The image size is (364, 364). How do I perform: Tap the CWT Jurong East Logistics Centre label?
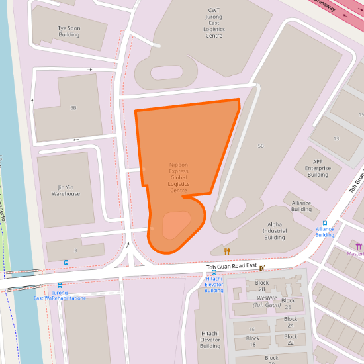click(214, 23)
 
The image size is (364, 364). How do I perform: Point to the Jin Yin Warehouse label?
click(66, 190)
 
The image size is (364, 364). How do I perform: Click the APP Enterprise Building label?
click(318, 168)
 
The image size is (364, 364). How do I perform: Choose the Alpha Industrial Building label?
click(275, 231)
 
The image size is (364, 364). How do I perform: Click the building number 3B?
click(73, 107)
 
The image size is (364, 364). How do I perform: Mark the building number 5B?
click(261, 146)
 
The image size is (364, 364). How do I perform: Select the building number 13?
click(336, 138)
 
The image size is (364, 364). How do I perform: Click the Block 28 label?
click(262, 286)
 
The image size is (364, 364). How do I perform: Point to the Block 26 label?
click(288, 304)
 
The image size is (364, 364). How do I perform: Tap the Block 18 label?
click(252, 341)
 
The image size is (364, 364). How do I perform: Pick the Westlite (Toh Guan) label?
click(267, 301)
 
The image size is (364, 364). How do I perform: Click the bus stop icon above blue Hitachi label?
click(213, 273)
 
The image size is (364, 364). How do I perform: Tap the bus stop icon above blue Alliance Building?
click(324, 224)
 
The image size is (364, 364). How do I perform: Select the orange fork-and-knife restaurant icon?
click(227, 251)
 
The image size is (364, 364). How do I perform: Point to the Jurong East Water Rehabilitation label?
click(60, 295)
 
